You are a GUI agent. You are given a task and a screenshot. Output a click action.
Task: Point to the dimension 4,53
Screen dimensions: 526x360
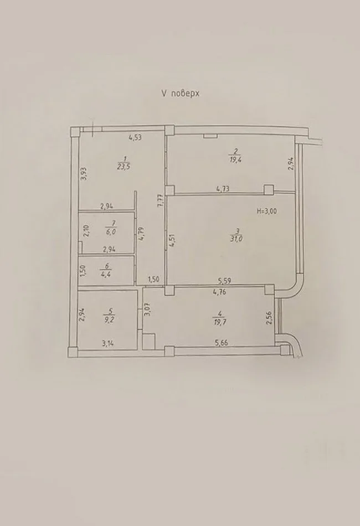pyautogui.click(x=136, y=138)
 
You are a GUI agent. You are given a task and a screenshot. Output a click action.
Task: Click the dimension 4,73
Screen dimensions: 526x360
pyautogui.click(x=223, y=189)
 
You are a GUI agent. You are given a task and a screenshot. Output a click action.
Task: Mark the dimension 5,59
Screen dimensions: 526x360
pyautogui.click(x=225, y=280)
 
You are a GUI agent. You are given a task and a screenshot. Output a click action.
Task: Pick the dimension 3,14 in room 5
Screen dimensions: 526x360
pyautogui.click(x=108, y=343)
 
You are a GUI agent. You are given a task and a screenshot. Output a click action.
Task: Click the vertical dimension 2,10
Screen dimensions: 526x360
pyautogui.click(x=86, y=230)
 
